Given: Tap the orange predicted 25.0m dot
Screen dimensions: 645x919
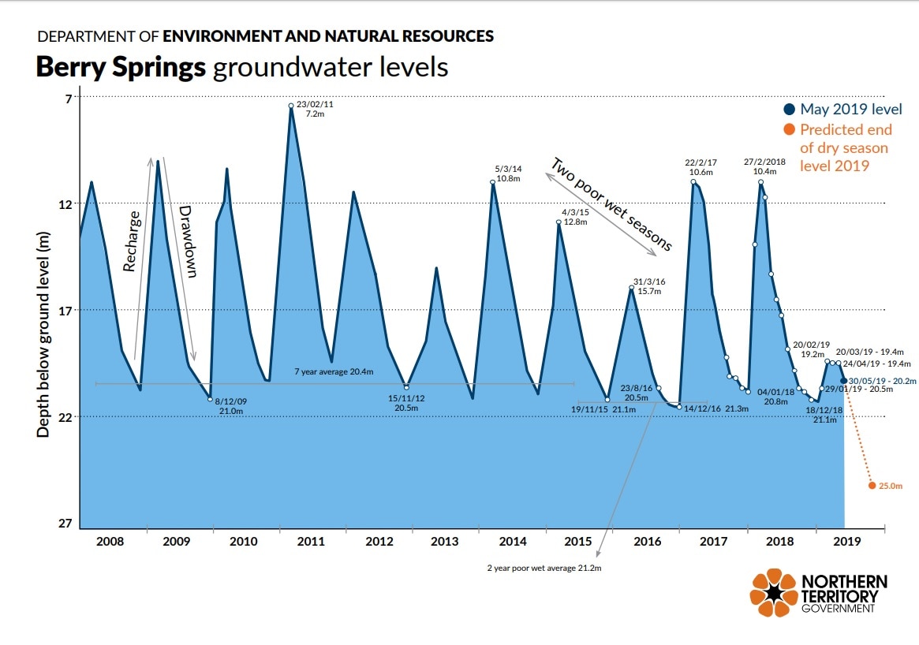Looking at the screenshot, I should click(872, 486).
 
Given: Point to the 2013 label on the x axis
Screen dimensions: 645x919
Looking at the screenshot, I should click(445, 542).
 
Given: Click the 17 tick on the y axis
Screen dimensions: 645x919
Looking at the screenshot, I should click(64, 311).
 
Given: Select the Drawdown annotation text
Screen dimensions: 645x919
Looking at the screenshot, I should click(187, 241).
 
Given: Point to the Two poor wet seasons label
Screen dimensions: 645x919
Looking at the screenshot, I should click(611, 204).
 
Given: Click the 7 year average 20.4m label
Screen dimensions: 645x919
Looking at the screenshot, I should click(334, 371).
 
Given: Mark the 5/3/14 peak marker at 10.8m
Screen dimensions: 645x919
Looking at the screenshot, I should click(493, 183).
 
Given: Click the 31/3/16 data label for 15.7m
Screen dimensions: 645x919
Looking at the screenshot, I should click(648, 286).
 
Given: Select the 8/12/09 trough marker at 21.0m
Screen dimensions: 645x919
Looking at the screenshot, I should click(210, 399).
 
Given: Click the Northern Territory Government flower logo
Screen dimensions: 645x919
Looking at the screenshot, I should click(773, 593).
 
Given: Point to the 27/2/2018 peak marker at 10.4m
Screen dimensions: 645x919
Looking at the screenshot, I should click(761, 182).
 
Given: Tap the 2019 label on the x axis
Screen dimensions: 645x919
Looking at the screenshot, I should click(846, 542).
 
